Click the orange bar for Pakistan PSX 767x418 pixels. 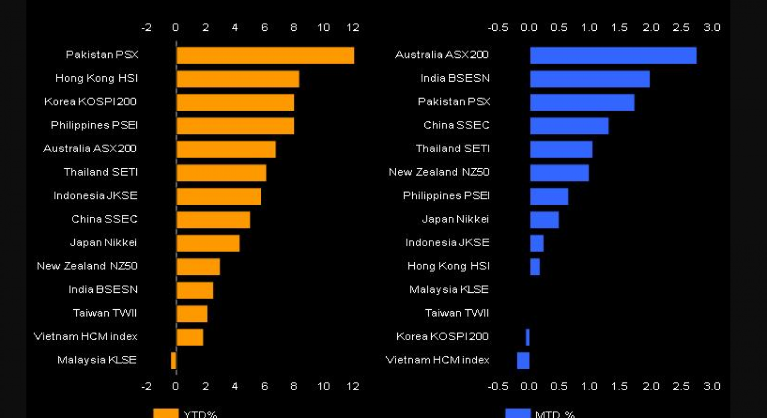tap(265, 55)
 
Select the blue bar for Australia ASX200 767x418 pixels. tap(613, 55)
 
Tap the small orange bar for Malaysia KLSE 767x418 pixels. tap(173, 361)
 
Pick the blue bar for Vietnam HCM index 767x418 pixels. tap(524, 361)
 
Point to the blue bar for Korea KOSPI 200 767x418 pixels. tap(528, 337)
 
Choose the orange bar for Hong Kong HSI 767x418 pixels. tap(238, 79)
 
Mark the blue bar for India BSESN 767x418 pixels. tap(590, 79)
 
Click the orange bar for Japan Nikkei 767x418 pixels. tap(208, 243)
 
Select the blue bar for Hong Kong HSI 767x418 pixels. tap(535, 267)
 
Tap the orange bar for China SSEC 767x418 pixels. tap(213, 220)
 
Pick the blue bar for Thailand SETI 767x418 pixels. tap(561, 149)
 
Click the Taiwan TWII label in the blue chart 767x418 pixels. tap(457, 313)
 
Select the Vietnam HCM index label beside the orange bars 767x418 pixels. tap(85, 336)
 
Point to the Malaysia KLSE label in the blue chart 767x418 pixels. tap(449, 290)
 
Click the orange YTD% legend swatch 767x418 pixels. tap(165, 413)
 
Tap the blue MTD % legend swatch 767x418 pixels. tap(518, 413)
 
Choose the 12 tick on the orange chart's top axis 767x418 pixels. tap(353, 28)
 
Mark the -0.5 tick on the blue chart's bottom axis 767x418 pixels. tap(498, 386)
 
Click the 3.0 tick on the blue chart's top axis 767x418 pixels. tap(712, 28)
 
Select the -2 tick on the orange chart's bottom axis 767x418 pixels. tap(146, 386)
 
